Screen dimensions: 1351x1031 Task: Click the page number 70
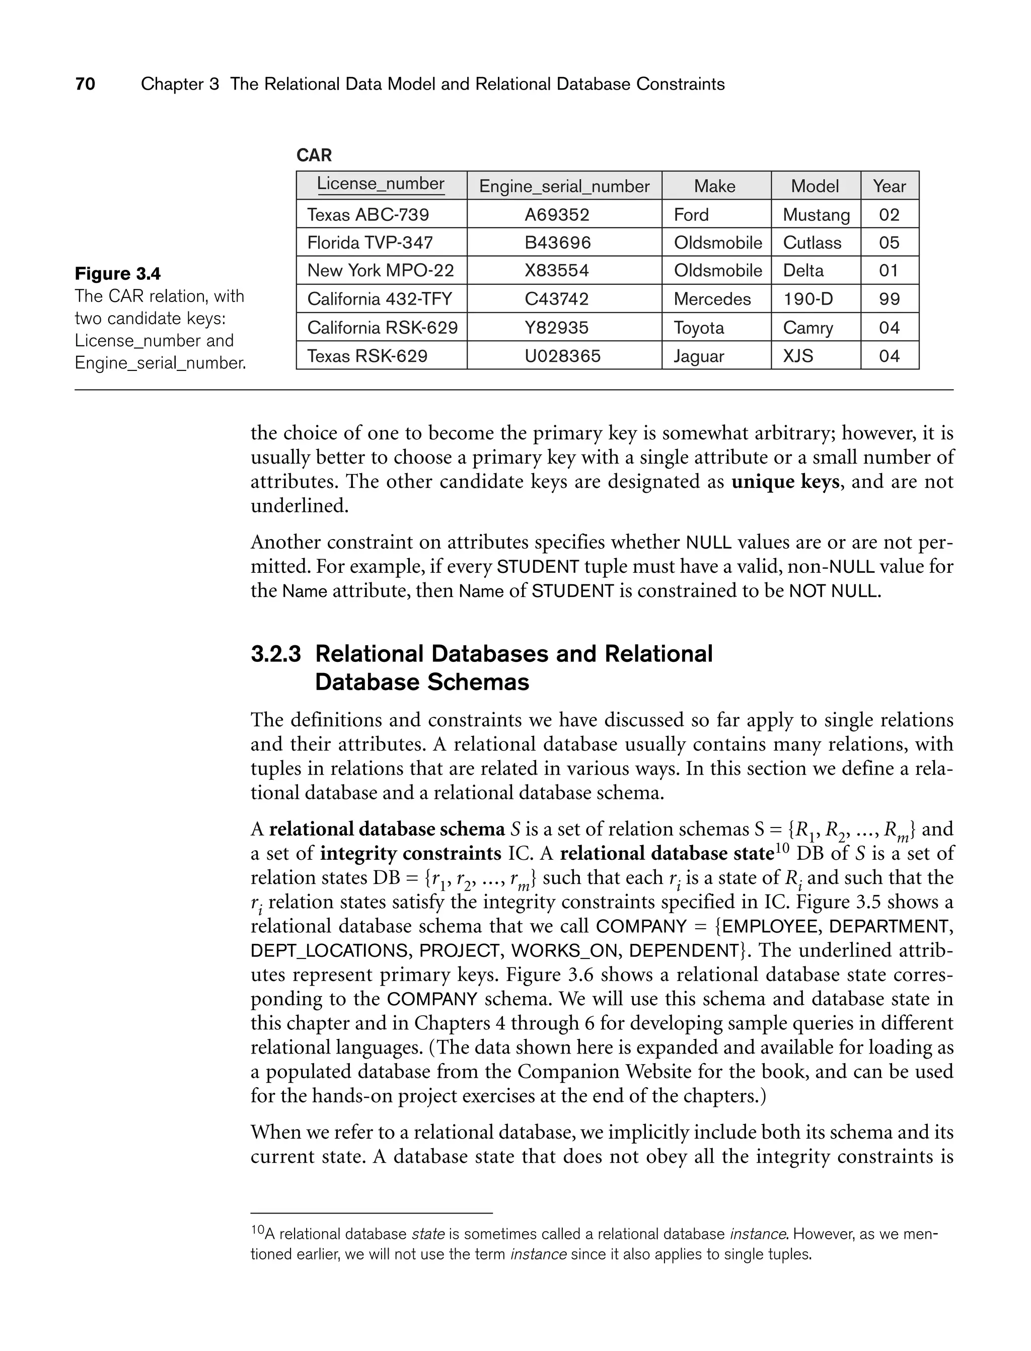pos(85,84)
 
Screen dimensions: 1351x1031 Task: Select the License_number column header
pos(381,184)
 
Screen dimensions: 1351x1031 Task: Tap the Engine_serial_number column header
pos(564,186)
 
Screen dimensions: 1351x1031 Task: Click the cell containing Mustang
pos(816,215)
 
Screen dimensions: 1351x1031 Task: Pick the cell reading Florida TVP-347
pos(370,243)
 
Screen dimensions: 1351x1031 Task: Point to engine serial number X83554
pos(557,271)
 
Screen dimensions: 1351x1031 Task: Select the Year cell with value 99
pos(889,299)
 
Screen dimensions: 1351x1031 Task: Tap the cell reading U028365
pos(562,356)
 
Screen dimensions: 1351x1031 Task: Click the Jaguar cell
pos(698,356)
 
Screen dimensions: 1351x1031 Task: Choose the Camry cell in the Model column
pos(807,328)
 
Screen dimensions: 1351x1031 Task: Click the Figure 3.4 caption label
pos(118,274)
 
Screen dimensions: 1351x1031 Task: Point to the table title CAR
pos(314,155)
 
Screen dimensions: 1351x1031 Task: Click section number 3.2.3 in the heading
pos(275,654)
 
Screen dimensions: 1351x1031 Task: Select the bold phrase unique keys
pos(785,482)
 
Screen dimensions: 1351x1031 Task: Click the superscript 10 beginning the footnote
pos(257,1230)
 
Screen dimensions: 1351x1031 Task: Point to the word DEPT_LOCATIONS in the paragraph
pos(329,951)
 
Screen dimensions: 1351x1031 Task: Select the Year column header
pos(889,186)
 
